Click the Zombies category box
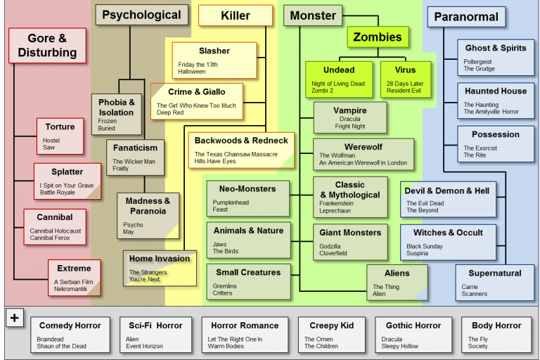(378, 37)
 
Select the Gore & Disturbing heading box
(47, 46)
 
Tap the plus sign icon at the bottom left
(14, 318)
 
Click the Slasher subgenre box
(214, 60)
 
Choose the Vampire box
(349, 117)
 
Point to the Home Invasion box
(160, 267)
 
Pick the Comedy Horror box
(70, 334)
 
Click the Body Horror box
(496, 334)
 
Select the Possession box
(495, 143)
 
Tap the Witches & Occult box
(448, 242)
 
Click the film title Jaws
(220, 244)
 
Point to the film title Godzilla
(330, 246)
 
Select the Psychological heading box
(141, 15)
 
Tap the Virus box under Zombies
(405, 79)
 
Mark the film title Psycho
(133, 224)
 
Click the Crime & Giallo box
(196, 101)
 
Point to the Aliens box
(397, 282)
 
